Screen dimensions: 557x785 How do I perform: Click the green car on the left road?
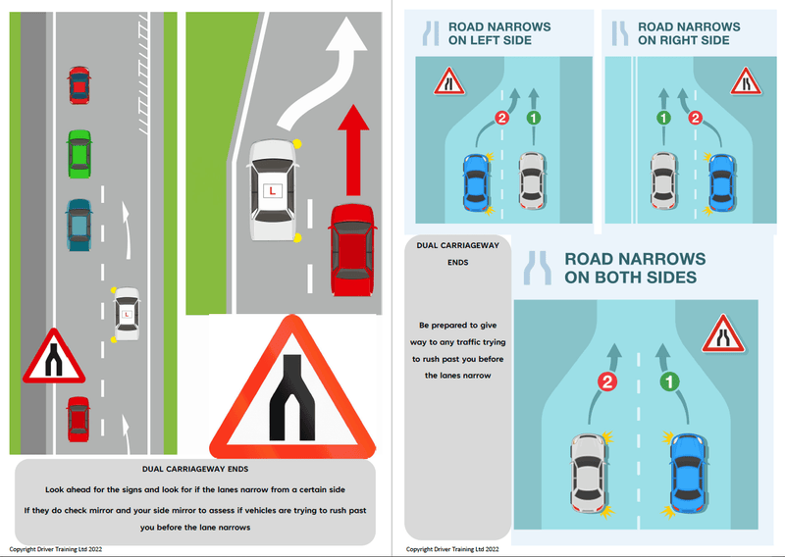(x=78, y=152)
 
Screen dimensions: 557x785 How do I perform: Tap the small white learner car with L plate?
(x=126, y=314)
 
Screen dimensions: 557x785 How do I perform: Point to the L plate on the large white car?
(x=272, y=190)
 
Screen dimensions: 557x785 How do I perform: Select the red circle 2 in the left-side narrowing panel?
(x=501, y=119)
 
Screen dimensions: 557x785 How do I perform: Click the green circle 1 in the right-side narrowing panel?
(x=663, y=119)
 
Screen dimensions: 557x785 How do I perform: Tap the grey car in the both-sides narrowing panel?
(x=591, y=476)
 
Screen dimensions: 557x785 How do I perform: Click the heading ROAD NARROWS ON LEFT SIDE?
(x=498, y=33)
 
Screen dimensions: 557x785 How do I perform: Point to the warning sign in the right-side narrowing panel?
(x=746, y=80)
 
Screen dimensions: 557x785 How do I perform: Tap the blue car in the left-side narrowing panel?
(x=476, y=182)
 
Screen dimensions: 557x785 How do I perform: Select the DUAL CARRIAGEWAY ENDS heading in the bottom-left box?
(x=195, y=470)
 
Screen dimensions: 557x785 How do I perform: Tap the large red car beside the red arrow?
(x=352, y=250)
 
